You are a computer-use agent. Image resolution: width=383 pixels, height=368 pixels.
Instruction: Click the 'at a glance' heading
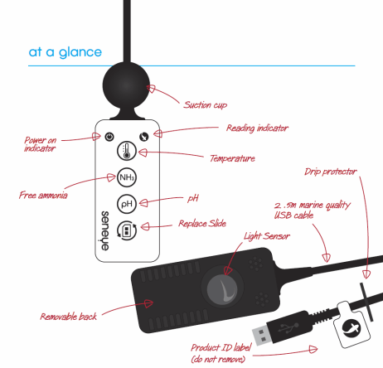65,52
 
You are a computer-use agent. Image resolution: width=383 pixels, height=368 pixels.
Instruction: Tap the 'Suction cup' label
205,105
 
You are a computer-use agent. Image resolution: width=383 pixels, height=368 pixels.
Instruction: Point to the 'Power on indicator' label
42,145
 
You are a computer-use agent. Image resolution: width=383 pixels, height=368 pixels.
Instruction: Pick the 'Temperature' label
232,157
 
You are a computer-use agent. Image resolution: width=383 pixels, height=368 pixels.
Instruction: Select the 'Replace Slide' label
205,224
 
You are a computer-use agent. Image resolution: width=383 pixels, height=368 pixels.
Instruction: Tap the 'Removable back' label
70,317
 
